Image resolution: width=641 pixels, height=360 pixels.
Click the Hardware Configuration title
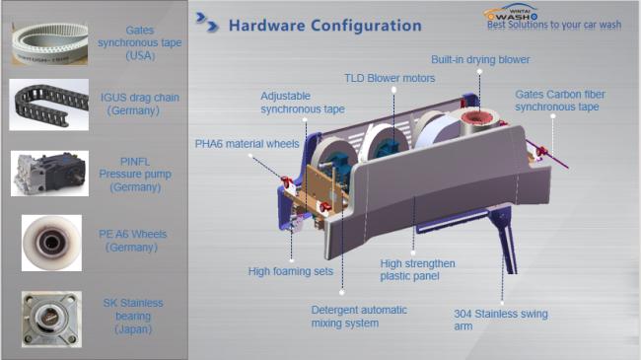[325, 26]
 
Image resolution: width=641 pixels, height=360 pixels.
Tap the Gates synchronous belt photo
[49, 43]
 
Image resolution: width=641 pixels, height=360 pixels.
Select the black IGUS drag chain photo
[49, 105]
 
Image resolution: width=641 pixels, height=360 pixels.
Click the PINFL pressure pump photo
[49, 173]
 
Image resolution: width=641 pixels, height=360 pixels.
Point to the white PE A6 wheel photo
[51, 243]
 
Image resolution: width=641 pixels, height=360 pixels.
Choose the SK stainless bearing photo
[51, 320]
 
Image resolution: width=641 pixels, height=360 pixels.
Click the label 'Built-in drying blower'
[480, 60]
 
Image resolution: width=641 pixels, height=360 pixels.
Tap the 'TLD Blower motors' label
[390, 78]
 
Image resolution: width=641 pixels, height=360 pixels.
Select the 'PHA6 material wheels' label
[247, 144]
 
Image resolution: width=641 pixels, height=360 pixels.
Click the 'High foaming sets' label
[291, 271]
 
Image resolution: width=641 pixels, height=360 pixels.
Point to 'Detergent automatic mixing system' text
[359, 317]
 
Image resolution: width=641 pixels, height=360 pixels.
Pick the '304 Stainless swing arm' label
[501, 320]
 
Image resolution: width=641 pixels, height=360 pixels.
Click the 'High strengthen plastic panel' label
[417, 269]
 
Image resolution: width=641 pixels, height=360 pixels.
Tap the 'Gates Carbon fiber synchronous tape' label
[560, 101]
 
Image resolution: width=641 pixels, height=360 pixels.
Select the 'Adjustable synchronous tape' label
[303, 103]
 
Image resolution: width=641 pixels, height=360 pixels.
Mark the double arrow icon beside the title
[207, 23]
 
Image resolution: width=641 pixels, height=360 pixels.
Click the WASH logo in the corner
[512, 12]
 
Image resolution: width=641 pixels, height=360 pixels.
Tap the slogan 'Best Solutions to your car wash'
[554, 25]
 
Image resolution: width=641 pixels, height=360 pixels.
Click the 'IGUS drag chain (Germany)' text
[139, 104]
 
